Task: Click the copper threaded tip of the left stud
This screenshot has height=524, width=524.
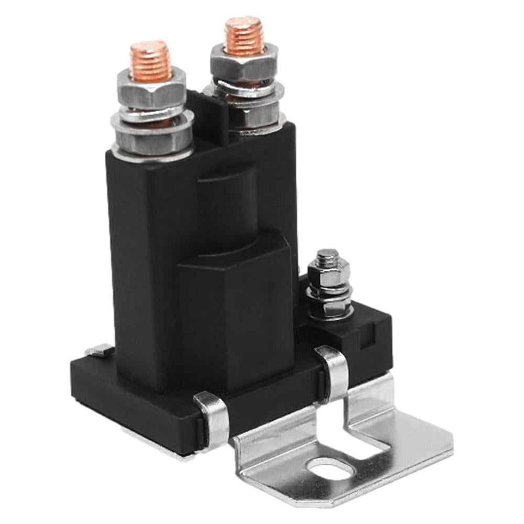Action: pyautogui.click(x=150, y=61)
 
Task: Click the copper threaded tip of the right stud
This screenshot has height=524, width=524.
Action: pyautogui.click(x=244, y=36)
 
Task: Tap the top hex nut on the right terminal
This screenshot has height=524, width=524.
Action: pyautogui.click(x=244, y=65)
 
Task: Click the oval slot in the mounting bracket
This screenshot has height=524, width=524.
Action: pyautogui.click(x=331, y=468)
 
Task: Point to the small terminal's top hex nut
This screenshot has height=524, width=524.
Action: pyautogui.click(x=328, y=272)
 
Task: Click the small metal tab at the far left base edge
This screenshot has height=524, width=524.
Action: pyautogui.click(x=100, y=350)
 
